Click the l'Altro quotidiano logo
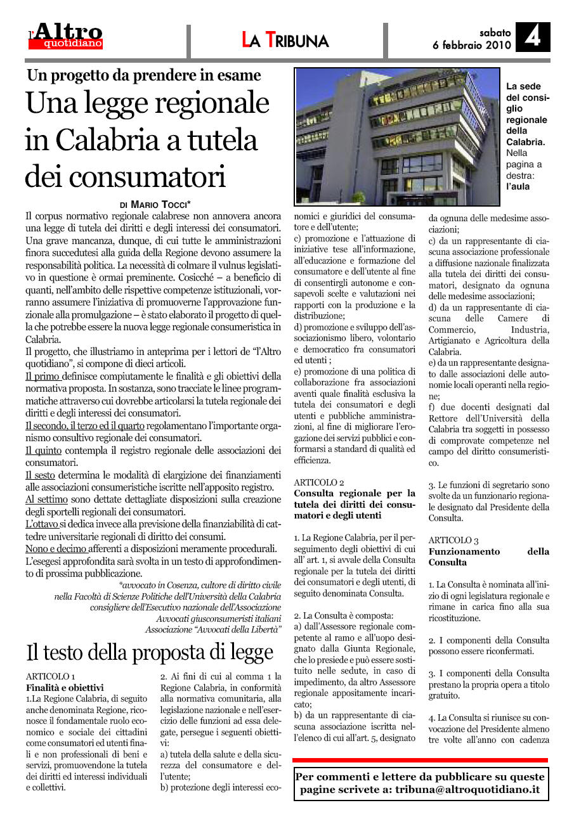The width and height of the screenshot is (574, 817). pos(66,36)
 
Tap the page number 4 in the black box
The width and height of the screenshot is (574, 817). pos(532,37)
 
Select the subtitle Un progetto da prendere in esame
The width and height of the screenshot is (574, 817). pos(144,75)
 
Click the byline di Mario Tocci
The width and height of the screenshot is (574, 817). pos(155,205)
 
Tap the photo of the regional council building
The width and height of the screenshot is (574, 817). pos(397,136)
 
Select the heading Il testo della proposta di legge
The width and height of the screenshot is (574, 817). pos(150,652)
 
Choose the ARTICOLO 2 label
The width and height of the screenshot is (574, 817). pos(319,482)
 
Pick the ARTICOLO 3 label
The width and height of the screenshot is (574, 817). pos(453,540)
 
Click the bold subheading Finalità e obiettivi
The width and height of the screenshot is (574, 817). pos(65,687)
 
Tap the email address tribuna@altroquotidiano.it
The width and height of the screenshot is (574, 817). pos(467,790)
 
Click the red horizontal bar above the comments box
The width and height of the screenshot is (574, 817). pos(420,759)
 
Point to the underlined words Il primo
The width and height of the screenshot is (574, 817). pos(42,376)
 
